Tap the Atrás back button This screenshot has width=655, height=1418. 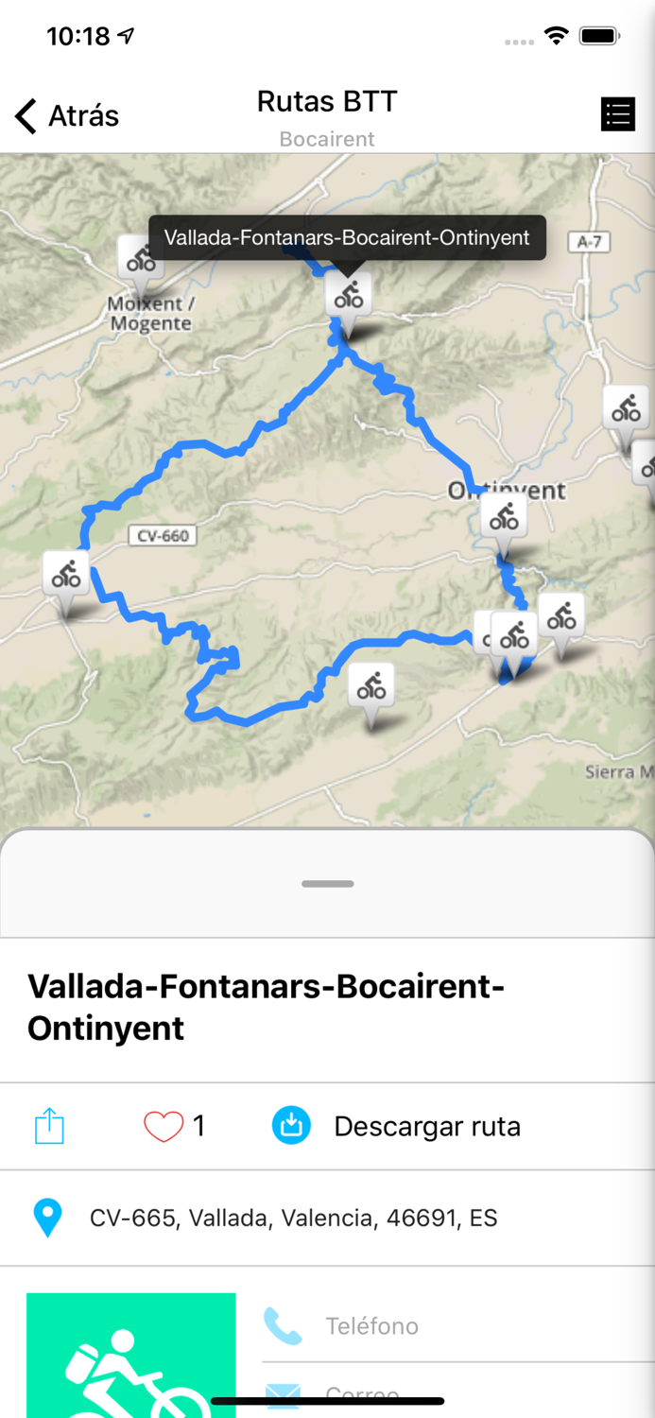67,115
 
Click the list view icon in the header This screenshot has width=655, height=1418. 617,114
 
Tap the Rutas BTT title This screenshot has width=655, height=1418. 327,101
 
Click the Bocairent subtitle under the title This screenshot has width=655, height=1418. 327,139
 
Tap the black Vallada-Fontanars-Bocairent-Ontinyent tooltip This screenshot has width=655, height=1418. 347,237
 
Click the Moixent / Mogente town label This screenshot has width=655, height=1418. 150,314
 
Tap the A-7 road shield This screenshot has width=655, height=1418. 590,242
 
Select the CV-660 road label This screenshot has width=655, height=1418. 163,536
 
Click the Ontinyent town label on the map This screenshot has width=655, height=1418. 508,491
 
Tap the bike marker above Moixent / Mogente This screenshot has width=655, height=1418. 140,258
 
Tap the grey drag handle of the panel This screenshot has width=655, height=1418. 327,884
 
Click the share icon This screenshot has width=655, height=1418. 49,1126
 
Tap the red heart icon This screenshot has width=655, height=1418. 163,1126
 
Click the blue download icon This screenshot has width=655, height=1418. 292,1126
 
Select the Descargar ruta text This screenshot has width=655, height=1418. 427,1127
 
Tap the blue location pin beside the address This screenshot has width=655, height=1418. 47,1218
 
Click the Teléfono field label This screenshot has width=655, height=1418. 371,1326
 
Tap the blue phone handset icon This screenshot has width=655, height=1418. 283,1326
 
